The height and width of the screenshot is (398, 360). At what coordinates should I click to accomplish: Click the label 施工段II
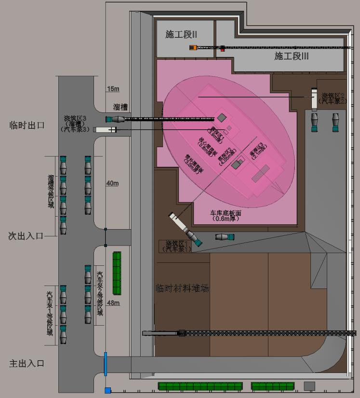pyautogui.click(x=181, y=35)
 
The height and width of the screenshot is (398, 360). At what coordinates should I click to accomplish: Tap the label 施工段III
pyautogui.click(x=291, y=56)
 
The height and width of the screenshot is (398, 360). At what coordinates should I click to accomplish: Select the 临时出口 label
pyautogui.click(x=27, y=125)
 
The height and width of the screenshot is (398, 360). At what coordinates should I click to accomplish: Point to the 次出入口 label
pyautogui.click(x=26, y=236)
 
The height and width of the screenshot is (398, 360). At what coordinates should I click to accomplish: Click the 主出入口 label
pyautogui.click(x=27, y=363)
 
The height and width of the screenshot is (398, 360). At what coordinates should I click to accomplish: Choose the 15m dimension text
pyautogui.click(x=113, y=89)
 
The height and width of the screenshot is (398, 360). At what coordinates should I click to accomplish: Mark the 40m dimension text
pyautogui.click(x=113, y=183)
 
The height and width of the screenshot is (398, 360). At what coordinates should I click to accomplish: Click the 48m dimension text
pyautogui.click(x=113, y=303)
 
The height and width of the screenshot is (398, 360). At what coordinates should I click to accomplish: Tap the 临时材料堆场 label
pyautogui.click(x=183, y=288)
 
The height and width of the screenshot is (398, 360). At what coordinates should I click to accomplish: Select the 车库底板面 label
pyautogui.click(x=225, y=215)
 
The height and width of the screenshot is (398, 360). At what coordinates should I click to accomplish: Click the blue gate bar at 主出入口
pyautogui.click(x=105, y=364)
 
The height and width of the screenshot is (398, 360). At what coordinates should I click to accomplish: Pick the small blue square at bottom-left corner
pyautogui.click(x=108, y=390)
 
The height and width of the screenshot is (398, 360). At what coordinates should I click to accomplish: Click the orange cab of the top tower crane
pyautogui.click(x=193, y=47)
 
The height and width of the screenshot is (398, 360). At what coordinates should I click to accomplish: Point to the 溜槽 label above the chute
pyautogui.click(x=120, y=107)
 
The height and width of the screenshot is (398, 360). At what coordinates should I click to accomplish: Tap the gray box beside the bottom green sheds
pyautogui.click(x=309, y=386)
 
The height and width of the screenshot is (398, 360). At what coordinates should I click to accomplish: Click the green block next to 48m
pyautogui.click(x=117, y=273)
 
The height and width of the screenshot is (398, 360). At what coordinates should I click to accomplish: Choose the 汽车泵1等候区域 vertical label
pyautogui.click(x=50, y=314)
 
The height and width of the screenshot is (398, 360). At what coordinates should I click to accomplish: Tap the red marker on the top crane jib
pyautogui.click(x=223, y=48)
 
